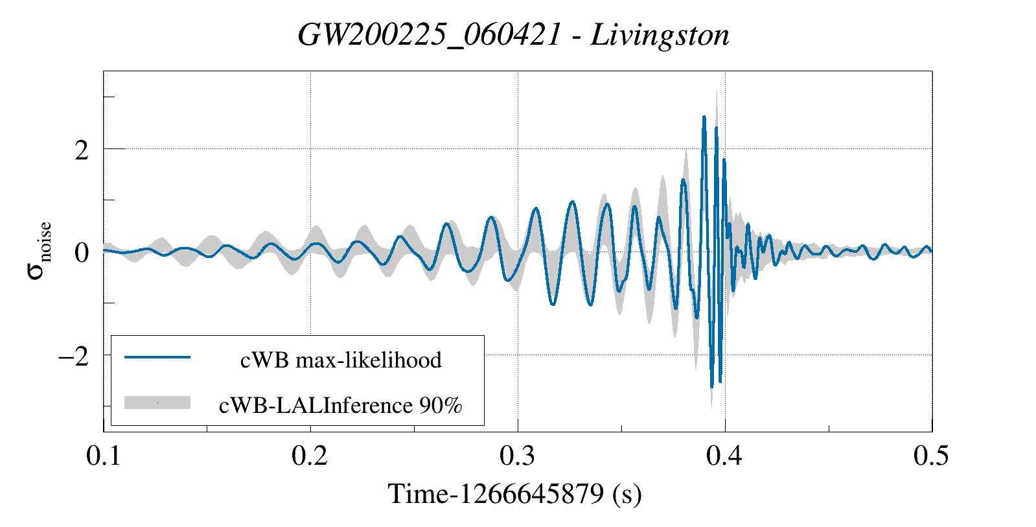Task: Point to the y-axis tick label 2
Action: click(x=81, y=150)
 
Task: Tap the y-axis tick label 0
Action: click(x=81, y=252)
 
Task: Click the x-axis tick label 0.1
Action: click(x=104, y=456)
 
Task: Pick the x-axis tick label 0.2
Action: click(x=310, y=456)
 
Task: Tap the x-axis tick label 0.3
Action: click(x=518, y=456)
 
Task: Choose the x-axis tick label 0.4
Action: click(x=724, y=456)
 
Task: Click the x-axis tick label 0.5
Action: click(x=931, y=456)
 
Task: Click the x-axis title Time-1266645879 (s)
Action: click(x=514, y=494)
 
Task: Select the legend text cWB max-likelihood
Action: click(x=341, y=360)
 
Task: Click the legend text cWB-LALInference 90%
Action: click(x=341, y=405)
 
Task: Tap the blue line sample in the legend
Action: click(x=157, y=357)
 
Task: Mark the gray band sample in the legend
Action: click(x=157, y=403)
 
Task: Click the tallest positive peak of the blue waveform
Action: click(x=704, y=118)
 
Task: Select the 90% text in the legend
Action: click(x=441, y=405)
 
